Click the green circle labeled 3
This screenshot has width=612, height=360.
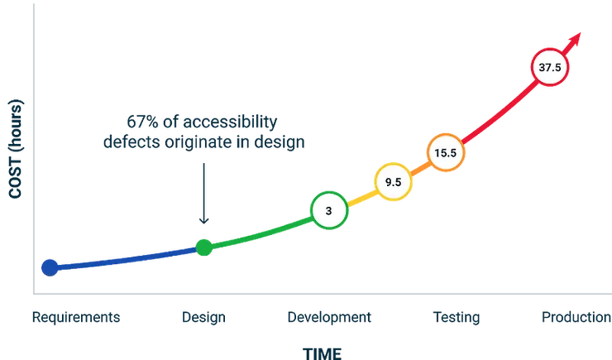(328, 211)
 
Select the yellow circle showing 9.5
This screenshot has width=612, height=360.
(393, 182)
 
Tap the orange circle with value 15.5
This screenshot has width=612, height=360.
(446, 152)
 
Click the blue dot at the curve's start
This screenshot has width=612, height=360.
(50, 267)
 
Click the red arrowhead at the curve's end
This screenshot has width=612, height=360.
(576, 38)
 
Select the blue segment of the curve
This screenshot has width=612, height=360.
(124, 257)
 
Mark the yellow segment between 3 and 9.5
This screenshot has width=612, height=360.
(361, 197)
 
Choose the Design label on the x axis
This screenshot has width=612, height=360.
(203, 317)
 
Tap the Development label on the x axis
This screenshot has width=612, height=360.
(330, 317)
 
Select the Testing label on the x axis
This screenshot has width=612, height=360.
(456, 317)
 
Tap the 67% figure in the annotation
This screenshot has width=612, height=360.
(137, 121)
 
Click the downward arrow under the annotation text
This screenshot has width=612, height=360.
(203, 194)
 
